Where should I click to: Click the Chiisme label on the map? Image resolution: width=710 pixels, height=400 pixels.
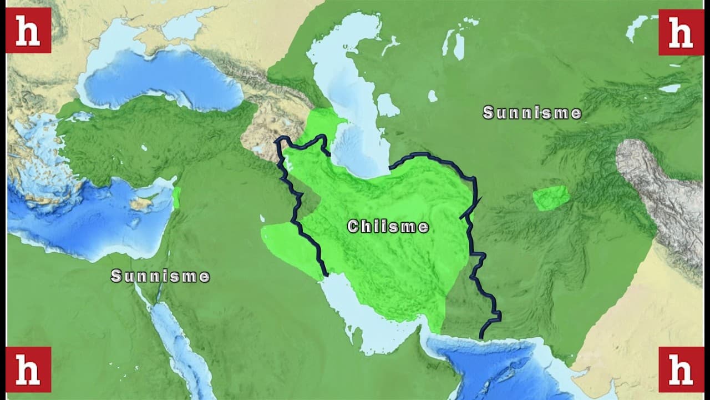point(388,227)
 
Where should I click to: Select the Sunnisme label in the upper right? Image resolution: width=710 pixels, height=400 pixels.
point(532,113)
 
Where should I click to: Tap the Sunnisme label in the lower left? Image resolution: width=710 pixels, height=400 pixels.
point(160,276)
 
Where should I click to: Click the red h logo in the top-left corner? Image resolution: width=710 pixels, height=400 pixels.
point(28,31)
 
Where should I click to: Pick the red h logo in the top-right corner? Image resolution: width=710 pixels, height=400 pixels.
point(681,32)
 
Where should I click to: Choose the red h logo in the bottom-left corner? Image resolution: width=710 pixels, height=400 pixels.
point(28,369)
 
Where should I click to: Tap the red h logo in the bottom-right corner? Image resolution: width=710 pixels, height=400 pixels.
point(681,369)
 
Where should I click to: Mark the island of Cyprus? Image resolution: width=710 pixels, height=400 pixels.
point(141,203)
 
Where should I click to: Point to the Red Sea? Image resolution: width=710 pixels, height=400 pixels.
point(172,333)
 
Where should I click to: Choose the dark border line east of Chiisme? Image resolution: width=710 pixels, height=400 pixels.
point(471,233)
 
